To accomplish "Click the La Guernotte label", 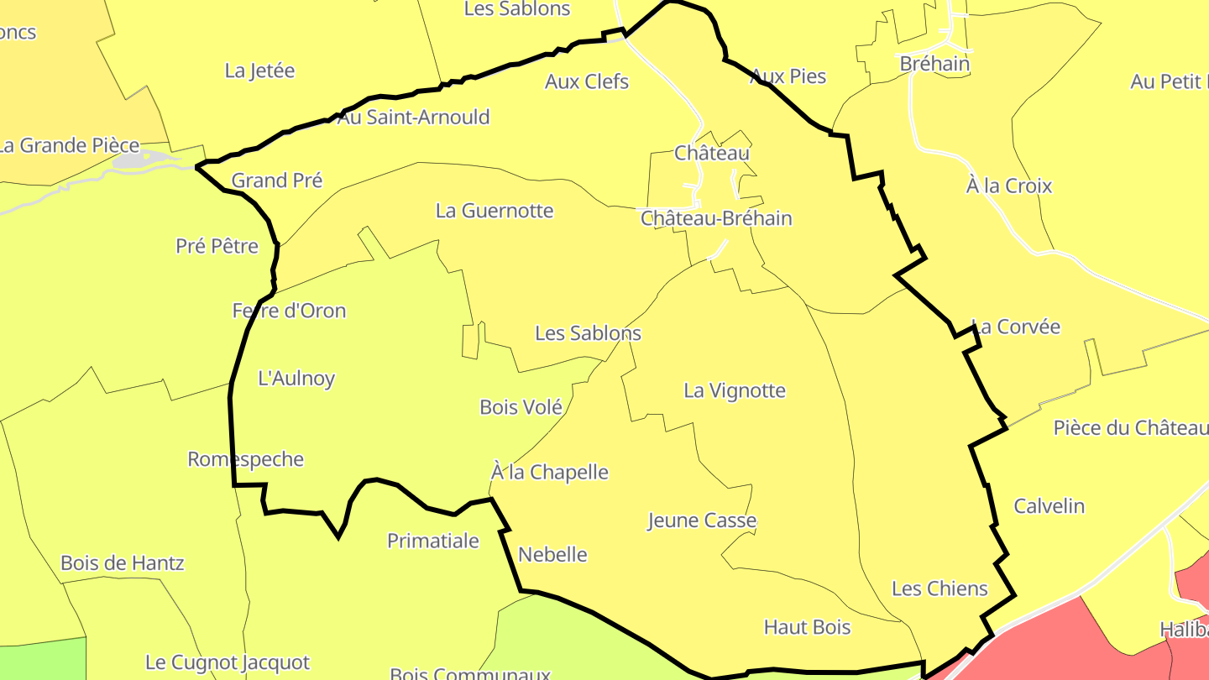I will click(495, 211).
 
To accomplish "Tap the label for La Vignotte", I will click(735, 390).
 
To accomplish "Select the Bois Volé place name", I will click(521, 407).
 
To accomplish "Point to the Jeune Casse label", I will click(702, 520).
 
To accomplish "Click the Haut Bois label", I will click(807, 627).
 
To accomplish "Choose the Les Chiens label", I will click(939, 588).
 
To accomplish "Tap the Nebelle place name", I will click(552, 554).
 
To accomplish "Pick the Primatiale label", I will click(432, 541).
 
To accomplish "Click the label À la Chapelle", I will click(550, 472).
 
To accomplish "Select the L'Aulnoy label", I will click(296, 379).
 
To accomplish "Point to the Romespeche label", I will click(245, 459).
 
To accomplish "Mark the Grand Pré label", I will click(277, 180).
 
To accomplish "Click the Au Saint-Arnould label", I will click(413, 117).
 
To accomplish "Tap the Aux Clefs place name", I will click(587, 81).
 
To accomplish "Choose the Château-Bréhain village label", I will click(716, 218).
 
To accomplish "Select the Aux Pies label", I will click(788, 76).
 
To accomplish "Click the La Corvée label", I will click(1016, 327).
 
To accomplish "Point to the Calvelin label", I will click(1049, 506).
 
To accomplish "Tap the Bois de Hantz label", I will click(123, 562).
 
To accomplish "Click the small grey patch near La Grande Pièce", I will click(133, 160).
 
